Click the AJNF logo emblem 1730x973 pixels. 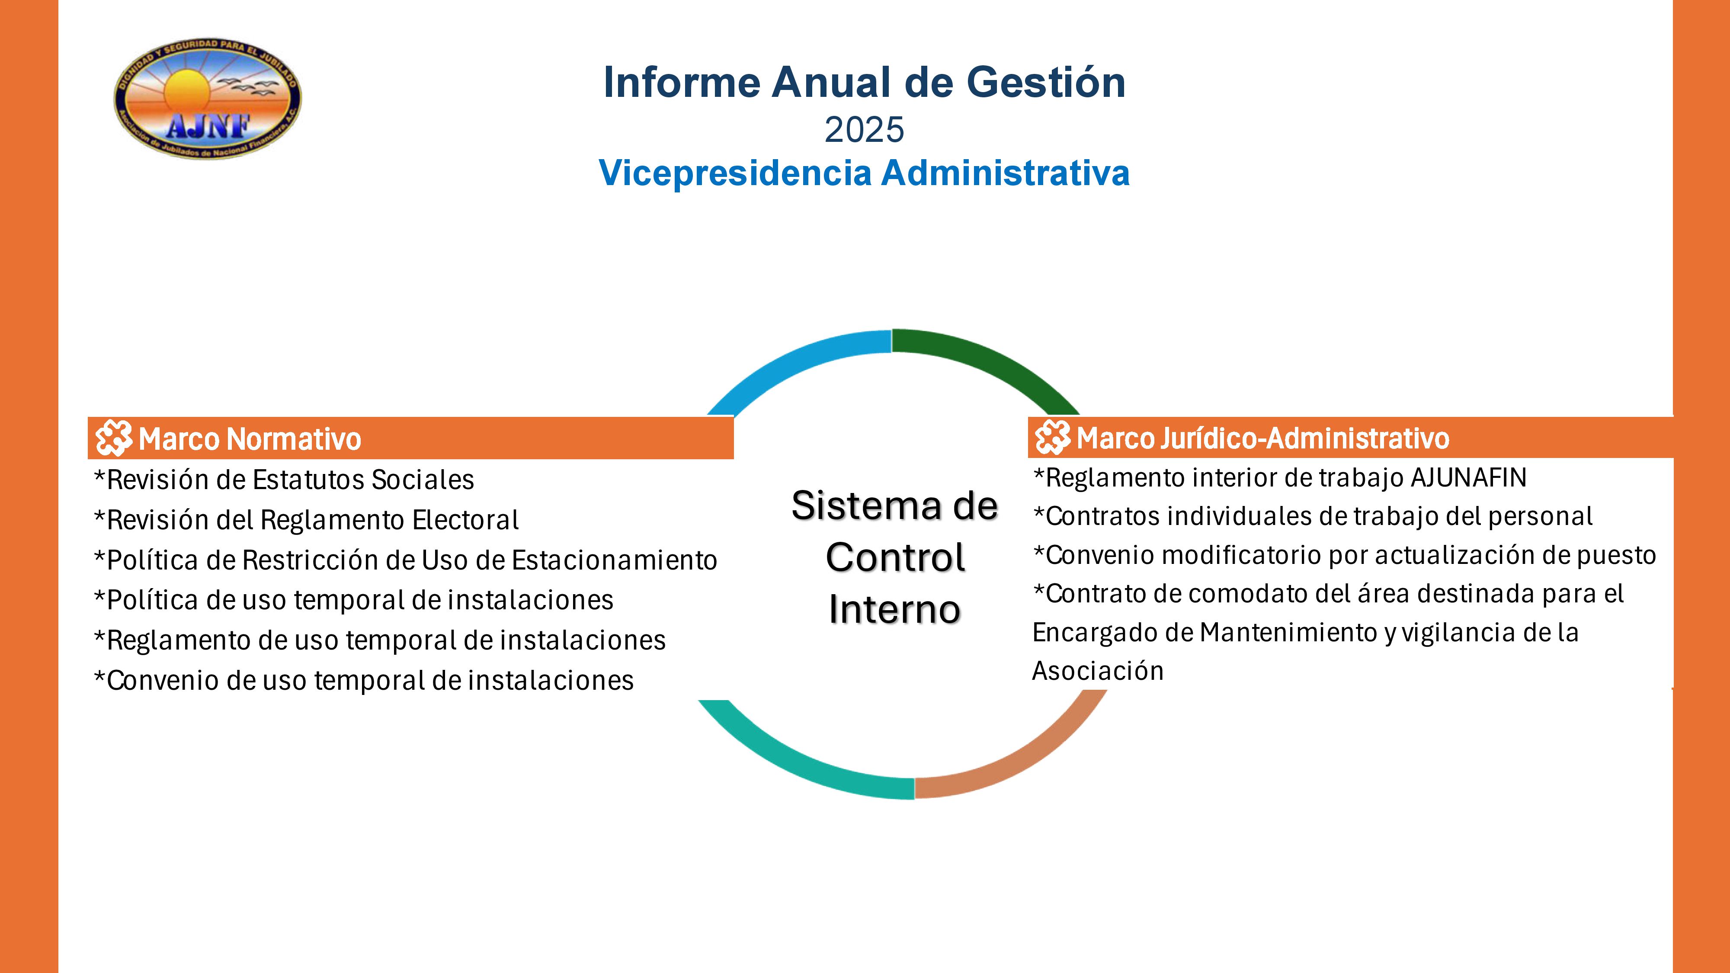pyautogui.click(x=208, y=99)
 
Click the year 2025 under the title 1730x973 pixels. pyautogui.click(x=864, y=130)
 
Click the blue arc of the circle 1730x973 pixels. pyautogui.click(x=792, y=363)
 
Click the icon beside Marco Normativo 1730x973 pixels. pyautogui.click(x=113, y=438)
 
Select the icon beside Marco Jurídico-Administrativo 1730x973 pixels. pyautogui.click(x=1052, y=437)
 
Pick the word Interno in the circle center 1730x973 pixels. pyautogui.click(x=894, y=609)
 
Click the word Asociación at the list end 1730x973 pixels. pyautogui.click(x=1097, y=671)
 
